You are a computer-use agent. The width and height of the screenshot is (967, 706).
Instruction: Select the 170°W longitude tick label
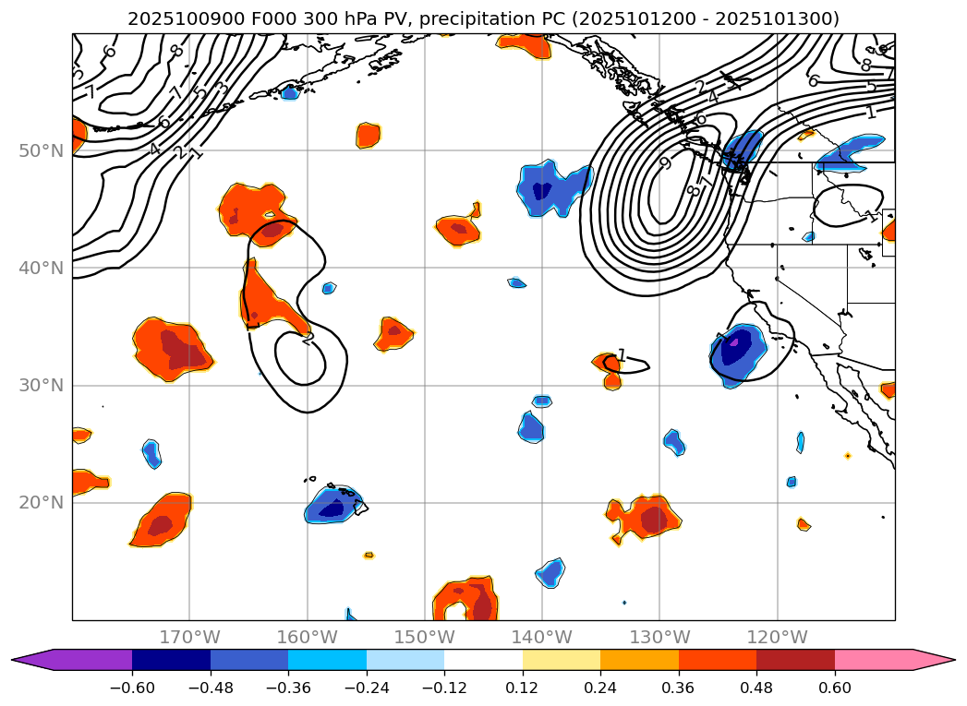point(190,637)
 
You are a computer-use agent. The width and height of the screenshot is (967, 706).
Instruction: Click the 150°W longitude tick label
point(425,637)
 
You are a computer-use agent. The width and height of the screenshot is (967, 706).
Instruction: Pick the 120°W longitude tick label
point(778,637)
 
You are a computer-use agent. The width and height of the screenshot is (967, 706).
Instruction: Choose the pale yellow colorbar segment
point(561,659)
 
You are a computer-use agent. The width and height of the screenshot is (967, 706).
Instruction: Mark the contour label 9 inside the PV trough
point(664,163)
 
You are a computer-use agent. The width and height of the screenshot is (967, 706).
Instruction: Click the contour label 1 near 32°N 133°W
point(622,355)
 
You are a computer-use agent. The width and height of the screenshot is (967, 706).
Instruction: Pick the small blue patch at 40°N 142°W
point(517,282)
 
